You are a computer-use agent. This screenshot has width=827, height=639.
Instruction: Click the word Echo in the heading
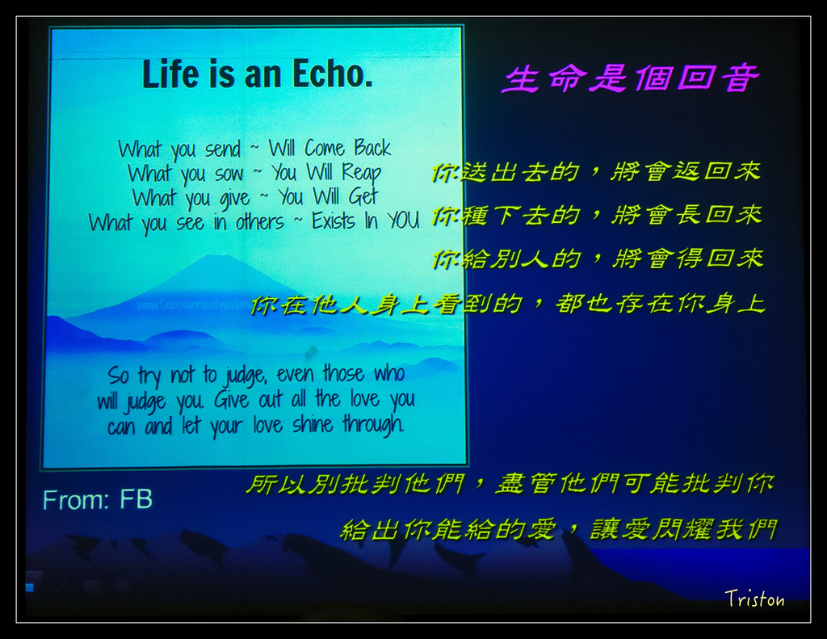(x=333, y=74)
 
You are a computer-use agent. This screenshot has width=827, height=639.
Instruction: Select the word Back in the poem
(x=372, y=148)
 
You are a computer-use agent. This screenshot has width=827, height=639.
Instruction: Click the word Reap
(x=361, y=172)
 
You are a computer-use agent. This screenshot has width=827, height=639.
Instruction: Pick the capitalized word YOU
(x=403, y=221)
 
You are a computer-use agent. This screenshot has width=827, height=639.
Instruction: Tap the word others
(x=259, y=221)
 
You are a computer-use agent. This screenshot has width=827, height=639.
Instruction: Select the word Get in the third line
(x=363, y=196)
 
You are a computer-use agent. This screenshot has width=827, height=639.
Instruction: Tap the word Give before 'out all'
(x=232, y=399)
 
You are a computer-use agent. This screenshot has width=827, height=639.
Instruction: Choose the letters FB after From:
(x=136, y=499)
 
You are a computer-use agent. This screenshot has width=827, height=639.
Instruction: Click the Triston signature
(x=754, y=599)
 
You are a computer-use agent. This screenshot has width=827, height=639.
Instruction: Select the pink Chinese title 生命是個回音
(x=631, y=78)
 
